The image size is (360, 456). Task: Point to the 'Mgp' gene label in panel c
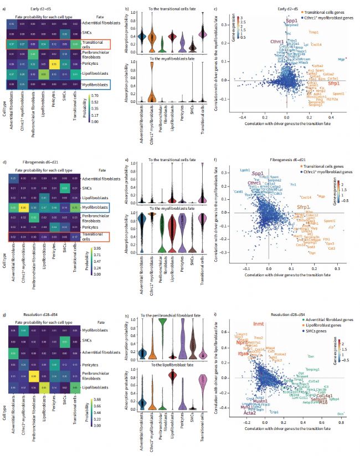click(342, 58)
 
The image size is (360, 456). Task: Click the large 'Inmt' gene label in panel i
click(259, 325)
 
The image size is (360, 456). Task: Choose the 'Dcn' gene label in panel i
click(340, 414)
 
